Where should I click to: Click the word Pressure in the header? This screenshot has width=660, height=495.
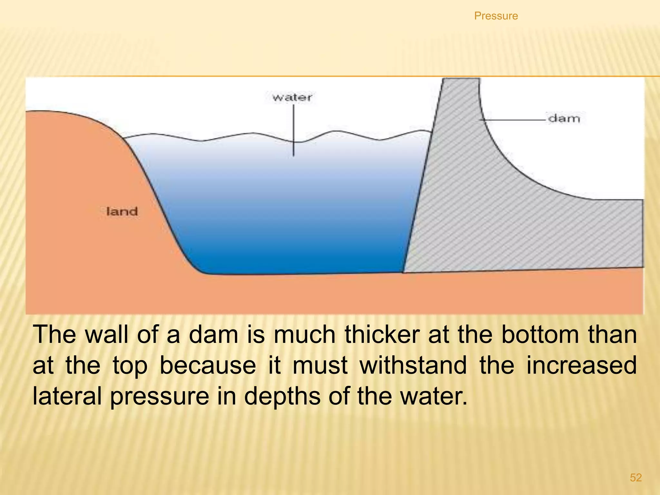(496, 16)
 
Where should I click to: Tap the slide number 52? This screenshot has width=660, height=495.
(636, 477)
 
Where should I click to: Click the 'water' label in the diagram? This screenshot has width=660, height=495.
(292, 97)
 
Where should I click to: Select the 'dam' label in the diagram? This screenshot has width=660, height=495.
(564, 119)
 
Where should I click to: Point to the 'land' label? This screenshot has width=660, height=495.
(122, 212)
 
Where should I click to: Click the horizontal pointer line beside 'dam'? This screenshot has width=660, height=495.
(512, 120)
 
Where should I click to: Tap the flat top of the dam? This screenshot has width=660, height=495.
(461, 79)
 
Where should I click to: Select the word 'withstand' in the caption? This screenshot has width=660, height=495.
(413, 365)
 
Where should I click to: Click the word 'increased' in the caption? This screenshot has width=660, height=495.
(581, 365)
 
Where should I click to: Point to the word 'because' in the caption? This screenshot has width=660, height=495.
(208, 365)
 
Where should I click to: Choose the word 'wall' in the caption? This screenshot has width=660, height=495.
(107, 335)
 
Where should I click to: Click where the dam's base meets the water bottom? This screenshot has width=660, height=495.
(403, 272)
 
